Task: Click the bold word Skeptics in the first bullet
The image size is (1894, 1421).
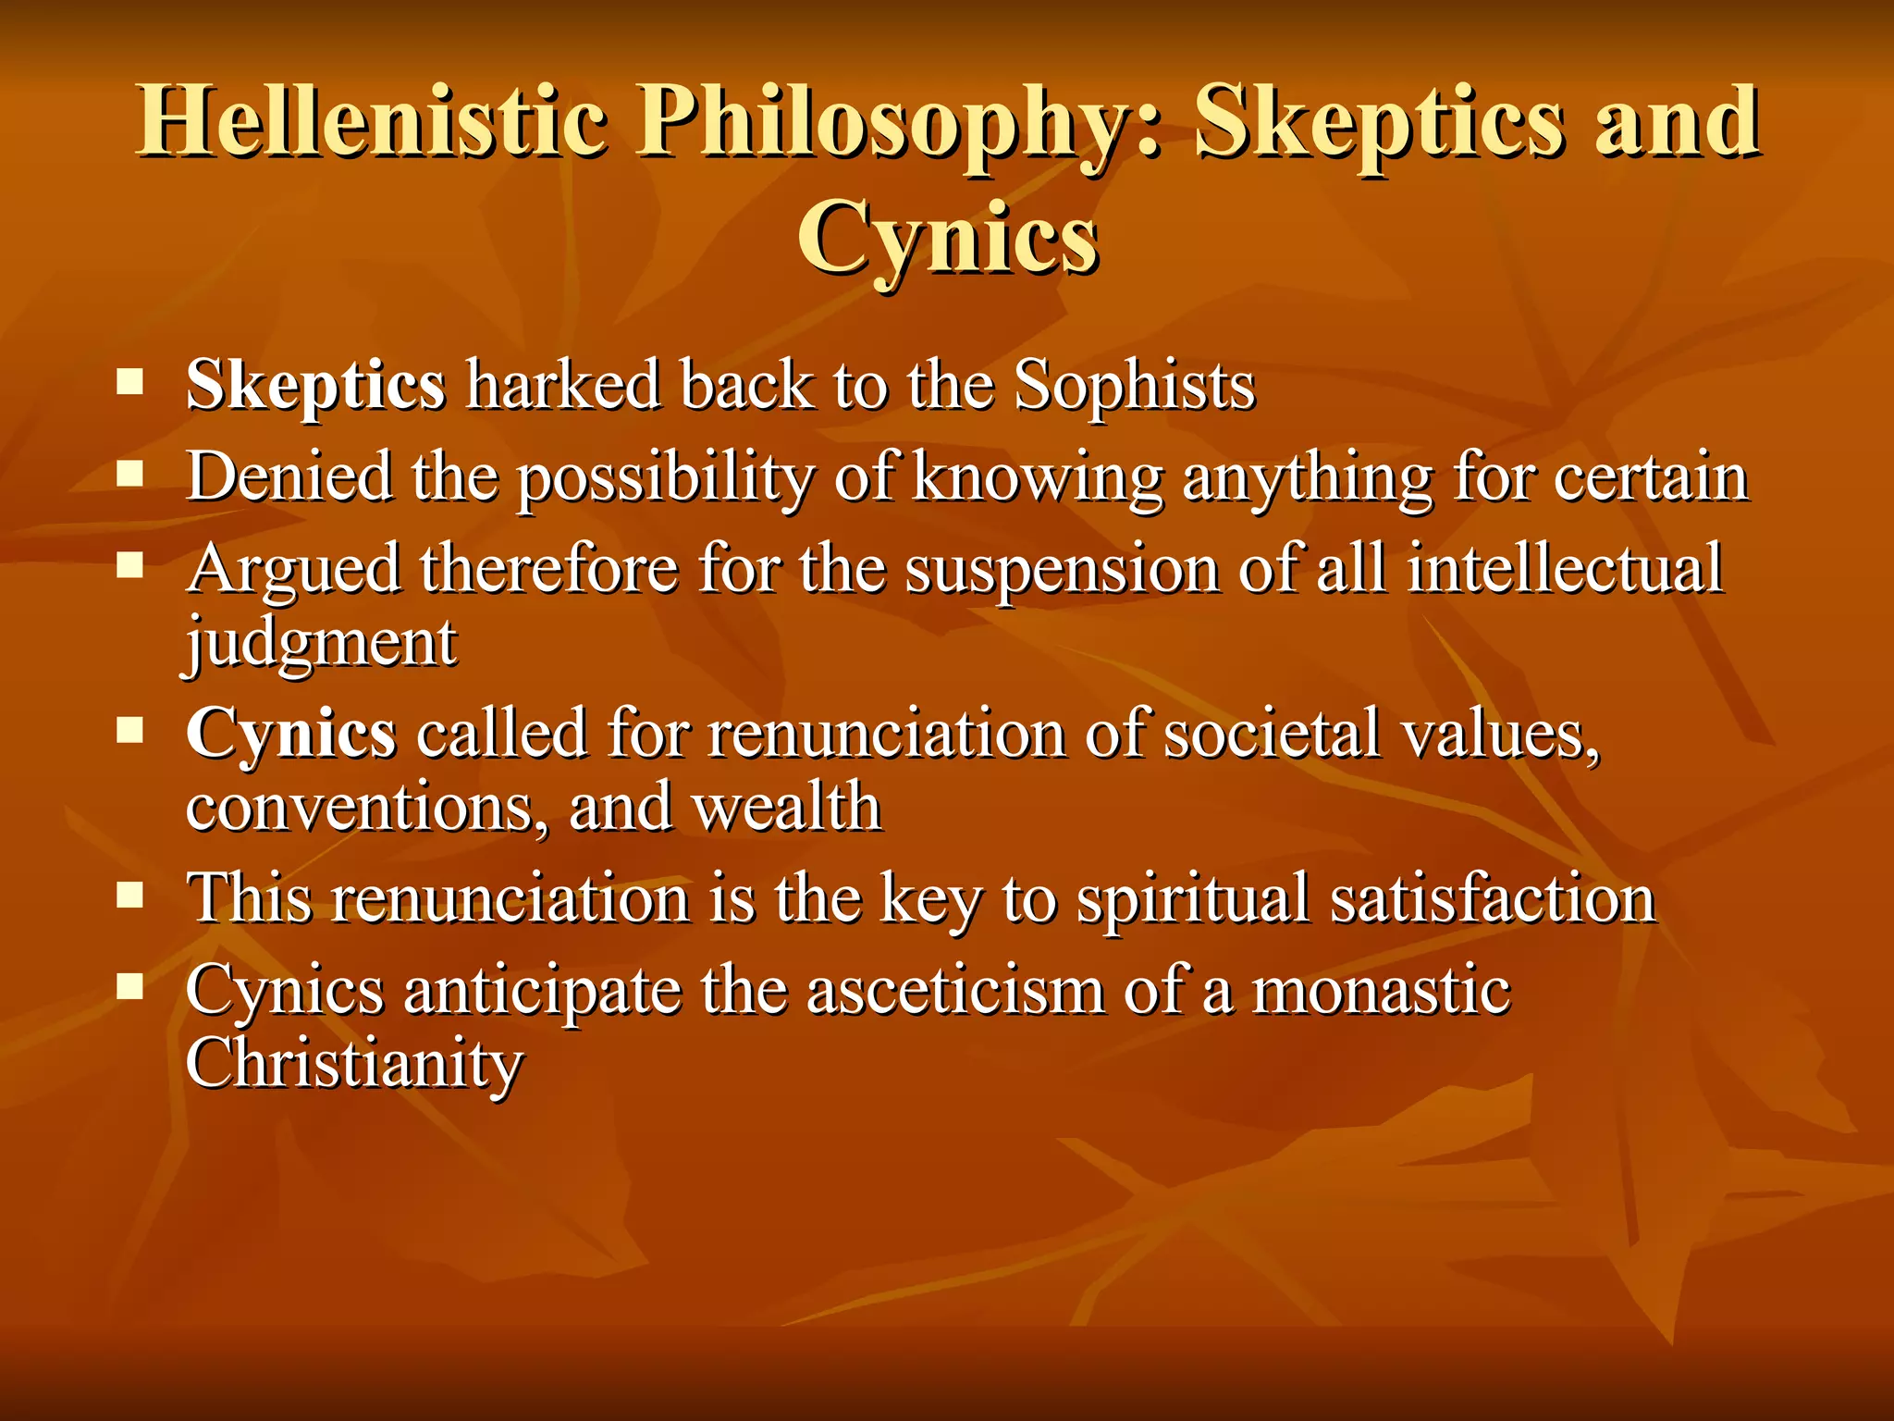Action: click(x=315, y=385)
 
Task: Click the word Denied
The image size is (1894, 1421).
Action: click(x=289, y=476)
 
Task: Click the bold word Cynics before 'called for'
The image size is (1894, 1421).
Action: click(x=290, y=734)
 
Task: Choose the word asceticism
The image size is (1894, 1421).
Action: click(x=954, y=990)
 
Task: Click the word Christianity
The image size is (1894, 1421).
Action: click(x=354, y=1064)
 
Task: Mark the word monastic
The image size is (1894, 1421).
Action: click(x=1381, y=990)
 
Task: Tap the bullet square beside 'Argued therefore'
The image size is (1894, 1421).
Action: click(x=130, y=565)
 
